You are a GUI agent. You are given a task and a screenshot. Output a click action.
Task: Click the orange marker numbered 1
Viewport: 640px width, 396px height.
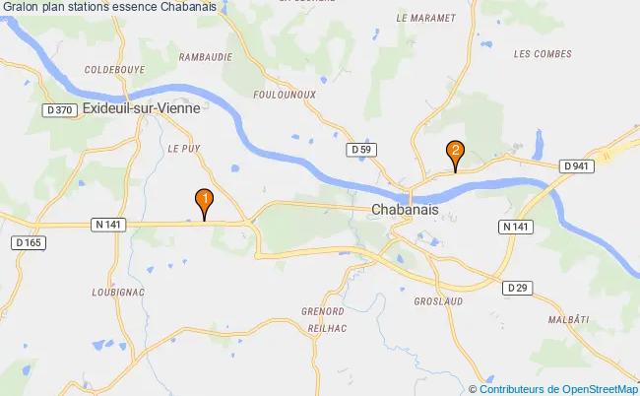204,202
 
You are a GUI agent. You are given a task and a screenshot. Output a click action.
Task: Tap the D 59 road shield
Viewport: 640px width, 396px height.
363,149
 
